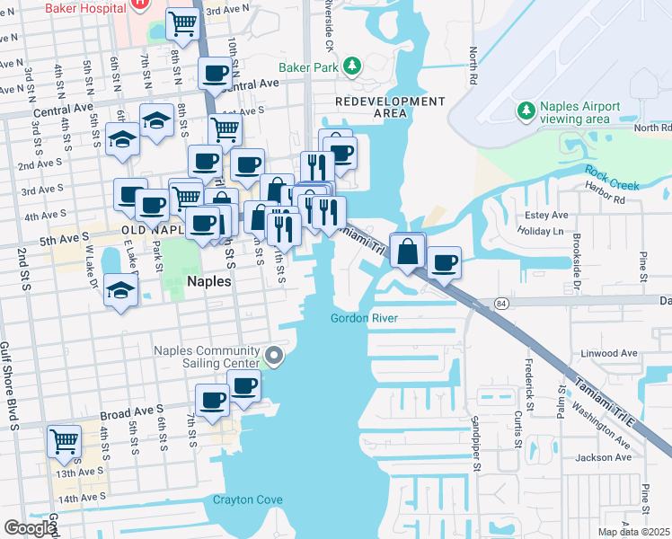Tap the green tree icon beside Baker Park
[352, 66]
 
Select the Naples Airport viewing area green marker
[526, 110]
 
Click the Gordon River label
[364, 318]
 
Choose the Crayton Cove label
[248, 500]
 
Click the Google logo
[29, 528]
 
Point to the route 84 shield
[500, 304]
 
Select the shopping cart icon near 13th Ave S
[65, 441]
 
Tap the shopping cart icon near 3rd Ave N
[183, 23]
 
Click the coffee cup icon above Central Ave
[216, 73]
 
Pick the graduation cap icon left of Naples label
[120, 289]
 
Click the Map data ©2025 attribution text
[634, 532]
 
